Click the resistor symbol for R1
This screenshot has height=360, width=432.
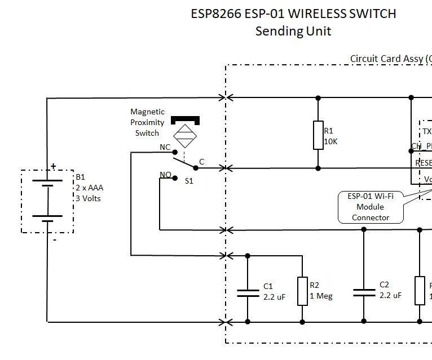coord(318,135)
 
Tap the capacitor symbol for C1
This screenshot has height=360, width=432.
coord(248,293)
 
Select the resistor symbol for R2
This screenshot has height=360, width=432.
coord(303,291)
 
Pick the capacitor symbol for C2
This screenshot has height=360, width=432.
coord(364,292)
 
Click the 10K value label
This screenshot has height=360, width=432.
coord(330,141)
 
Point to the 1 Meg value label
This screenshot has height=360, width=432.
coord(321,296)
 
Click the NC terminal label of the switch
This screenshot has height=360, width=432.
coord(165,147)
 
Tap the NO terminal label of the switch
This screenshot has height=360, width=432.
coord(165,175)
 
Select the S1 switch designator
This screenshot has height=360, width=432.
coord(189,181)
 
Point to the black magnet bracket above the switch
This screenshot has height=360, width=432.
coord(185,120)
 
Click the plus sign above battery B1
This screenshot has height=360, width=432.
coord(54,166)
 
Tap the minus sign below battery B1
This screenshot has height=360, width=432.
coord(55,239)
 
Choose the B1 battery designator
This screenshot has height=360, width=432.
coord(80,177)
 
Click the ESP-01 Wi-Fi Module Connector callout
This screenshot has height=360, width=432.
coord(370,207)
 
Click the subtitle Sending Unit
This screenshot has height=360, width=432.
coord(293,31)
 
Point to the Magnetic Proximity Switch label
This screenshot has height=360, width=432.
coord(147,122)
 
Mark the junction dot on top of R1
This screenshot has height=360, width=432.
coord(318,98)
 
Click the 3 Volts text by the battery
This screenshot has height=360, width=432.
coord(89,198)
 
